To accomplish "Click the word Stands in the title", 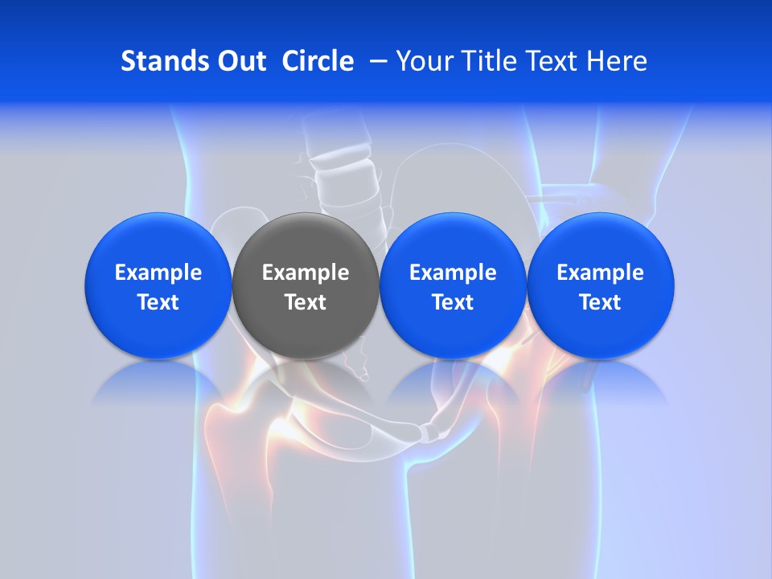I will tap(157, 61).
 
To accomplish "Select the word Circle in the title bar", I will tap(318, 61).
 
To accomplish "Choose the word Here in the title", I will tap(618, 61).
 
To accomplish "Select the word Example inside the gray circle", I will tap(305, 273).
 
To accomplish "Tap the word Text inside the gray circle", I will tap(305, 302).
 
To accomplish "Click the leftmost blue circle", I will tap(158, 330).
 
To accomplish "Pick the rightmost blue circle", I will tap(600, 330).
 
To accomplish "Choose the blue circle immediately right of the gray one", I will tap(453, 330).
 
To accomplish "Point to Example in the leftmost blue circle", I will tap(158, 273).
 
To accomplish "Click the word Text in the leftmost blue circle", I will tap(158, 302).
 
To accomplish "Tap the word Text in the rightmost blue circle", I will tap(600, 302).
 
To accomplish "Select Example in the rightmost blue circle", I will tap(600, 273).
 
